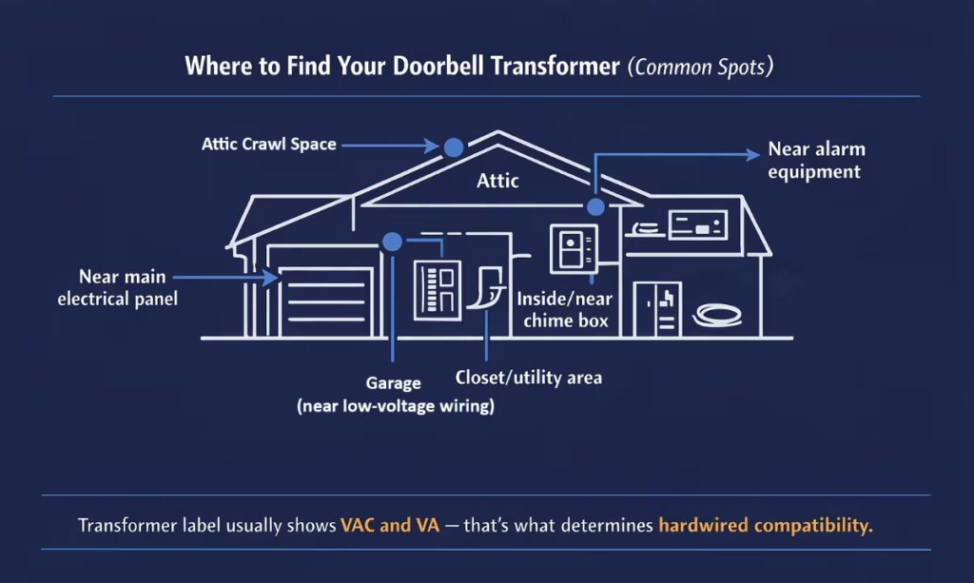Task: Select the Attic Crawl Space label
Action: (268, 146)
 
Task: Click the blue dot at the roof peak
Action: (453, 146)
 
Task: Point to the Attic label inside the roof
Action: (497, 179)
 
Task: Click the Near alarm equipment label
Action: (816, 161)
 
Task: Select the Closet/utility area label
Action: (528, 378)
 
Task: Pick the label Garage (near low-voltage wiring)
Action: (394, 395)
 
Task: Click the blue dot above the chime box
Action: (595, 207)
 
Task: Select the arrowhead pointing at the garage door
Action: (272, 277)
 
